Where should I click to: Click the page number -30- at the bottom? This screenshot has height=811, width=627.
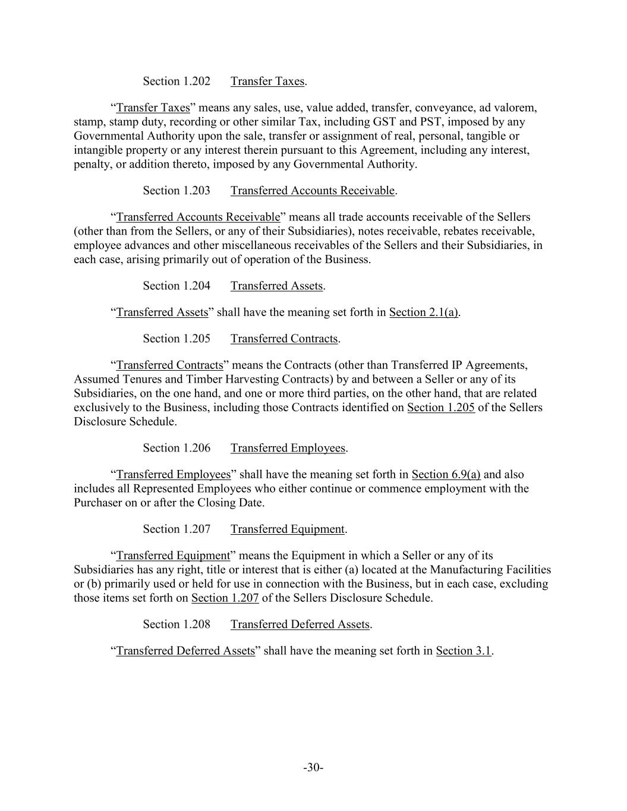pos(313,768)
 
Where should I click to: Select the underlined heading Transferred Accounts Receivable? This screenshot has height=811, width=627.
pos(313,191)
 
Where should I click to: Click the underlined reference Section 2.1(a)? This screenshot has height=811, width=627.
pos(424,313)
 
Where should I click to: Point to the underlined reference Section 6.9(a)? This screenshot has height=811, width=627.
pos(446,475)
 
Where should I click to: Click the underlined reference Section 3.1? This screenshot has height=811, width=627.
pos(464,651)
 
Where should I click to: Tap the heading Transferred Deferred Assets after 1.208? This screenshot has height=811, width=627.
pos(300,624)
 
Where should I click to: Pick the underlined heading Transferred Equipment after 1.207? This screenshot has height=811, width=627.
pos(288,529)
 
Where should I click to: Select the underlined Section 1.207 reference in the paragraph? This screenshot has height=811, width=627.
pos(225,598)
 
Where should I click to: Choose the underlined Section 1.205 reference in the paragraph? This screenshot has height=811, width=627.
pos(441,408)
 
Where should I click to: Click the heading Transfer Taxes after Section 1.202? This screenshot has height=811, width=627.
pos(267,81)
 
